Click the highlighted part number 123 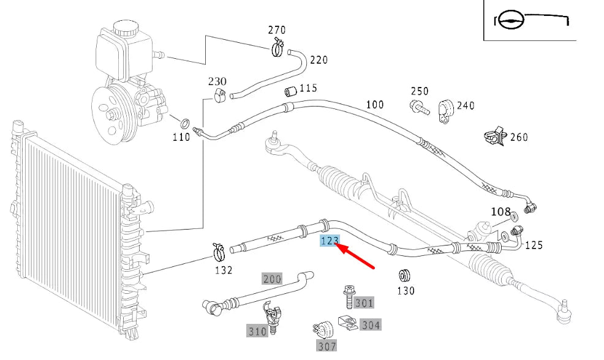click(x=329, y=241)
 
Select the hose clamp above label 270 click(x=276, y=47)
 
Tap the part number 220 click(x=319, y=60)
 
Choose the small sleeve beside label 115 click(x=290, y=92)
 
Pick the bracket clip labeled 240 click(x=445, y=111)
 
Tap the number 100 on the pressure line click(x=375, y=105)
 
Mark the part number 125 click(x=534, y=246)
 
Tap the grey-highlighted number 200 click(x=272, y=279)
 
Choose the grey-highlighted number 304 click(x=371, y=325)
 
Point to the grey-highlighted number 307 click(x=327, y=346)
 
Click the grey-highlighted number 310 click(x=257, y=331)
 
